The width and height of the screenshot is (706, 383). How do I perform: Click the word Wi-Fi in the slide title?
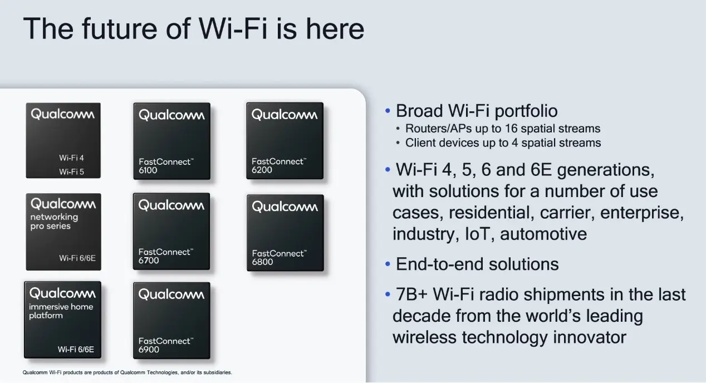point(233,29)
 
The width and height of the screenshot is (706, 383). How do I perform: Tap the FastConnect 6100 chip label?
point(166,166)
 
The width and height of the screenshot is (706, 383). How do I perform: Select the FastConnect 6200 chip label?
point(279,165)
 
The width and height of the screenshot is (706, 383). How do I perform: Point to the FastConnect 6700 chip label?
point(166,256)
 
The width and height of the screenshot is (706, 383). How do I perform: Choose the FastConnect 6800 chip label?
point(280,257)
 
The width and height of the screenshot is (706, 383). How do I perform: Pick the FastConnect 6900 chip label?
point(166,345)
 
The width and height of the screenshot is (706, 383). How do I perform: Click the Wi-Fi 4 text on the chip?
point(71,158)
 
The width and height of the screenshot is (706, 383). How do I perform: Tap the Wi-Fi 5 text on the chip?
point(71,172)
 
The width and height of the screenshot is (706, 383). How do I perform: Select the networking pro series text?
point(54,222)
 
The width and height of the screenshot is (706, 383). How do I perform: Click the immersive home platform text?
point(61,311)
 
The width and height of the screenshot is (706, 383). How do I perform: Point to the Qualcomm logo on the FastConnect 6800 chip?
point(285,207)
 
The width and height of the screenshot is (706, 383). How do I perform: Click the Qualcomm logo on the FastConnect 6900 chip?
point(171,294)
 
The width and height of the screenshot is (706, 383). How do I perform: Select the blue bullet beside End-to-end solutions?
point(388,264)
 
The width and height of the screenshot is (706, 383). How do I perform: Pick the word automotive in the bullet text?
point(543,234)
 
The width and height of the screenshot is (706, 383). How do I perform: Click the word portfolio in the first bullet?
point(526,111)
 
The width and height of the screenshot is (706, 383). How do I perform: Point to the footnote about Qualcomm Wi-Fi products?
point(127,372)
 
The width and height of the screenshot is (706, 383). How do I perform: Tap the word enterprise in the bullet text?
point(642,213)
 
